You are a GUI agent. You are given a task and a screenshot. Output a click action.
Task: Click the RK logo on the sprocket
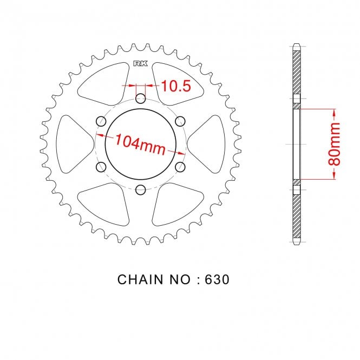[x=141, y=63]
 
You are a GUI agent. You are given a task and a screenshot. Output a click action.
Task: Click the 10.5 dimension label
[x=176, y=86]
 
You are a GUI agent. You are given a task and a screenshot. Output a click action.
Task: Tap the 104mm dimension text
[x=140, y=145]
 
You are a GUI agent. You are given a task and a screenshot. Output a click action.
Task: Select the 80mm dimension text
[x=334, y=144]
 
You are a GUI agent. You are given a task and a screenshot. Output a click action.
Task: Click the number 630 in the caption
[x=217, y=279]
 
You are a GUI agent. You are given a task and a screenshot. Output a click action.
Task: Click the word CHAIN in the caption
[x=140, y=279]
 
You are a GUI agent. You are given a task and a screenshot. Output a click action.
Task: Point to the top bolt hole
[x=141, y=99]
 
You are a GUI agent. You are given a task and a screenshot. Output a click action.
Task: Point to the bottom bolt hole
[x=141, y=190]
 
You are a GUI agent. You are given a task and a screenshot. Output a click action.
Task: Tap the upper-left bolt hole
[x=101, y=121]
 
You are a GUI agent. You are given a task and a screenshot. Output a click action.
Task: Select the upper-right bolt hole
[x=180, y=121]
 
